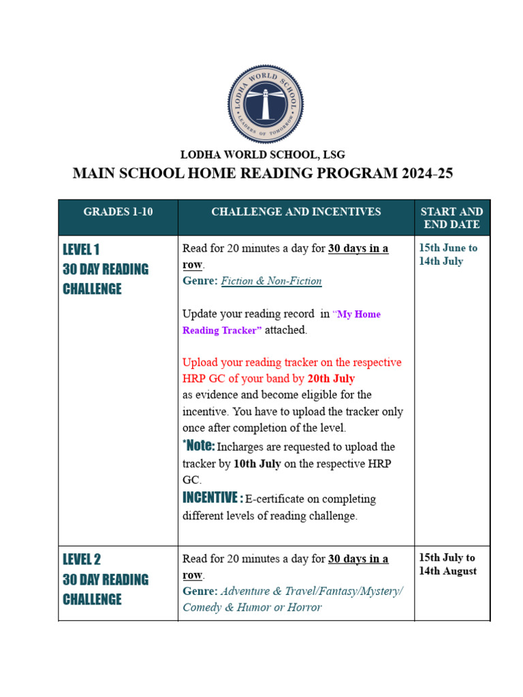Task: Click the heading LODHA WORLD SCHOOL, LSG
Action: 262,155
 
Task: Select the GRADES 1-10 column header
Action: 118,212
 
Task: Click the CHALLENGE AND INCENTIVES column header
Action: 296,212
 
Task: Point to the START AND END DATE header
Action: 451,218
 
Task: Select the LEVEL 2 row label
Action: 82,560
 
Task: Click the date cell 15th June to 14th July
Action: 448,254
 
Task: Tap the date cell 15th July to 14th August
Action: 447,564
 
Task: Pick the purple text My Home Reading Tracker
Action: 281,322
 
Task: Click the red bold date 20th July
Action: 331,378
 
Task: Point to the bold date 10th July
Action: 257,464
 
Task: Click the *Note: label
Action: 199,446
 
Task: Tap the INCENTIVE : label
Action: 212,498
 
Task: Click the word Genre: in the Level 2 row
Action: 200,591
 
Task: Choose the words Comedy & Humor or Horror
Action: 252,607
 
